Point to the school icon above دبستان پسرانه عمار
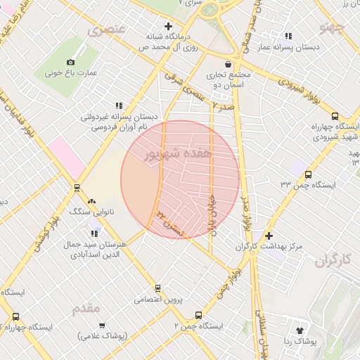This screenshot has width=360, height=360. click(288, 36)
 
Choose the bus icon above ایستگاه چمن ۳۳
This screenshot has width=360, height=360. click(308, 174)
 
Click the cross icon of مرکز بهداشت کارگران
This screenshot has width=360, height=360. click(268, 235)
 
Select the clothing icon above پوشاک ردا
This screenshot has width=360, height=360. click(301, 329)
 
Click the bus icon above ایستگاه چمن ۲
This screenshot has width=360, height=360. click(199, 316)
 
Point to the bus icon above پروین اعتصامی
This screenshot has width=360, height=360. click(157, 288)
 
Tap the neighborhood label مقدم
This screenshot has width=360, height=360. click(87, 308)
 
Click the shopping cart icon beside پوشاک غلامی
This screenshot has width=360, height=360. click(103, 325)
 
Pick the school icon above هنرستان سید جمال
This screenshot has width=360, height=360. click(94, 233)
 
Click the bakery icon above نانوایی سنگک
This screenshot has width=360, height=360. click(92, 200)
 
